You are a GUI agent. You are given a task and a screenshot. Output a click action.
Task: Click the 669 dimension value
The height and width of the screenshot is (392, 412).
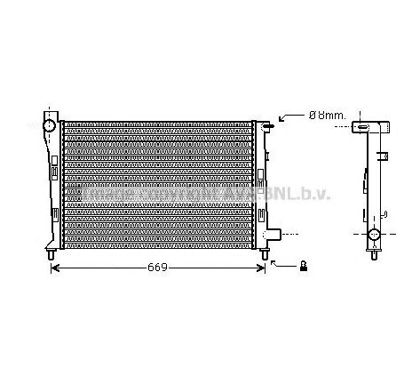[x=155, y=267]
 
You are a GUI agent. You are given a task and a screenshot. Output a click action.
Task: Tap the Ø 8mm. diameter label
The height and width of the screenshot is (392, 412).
[x=305, y=115]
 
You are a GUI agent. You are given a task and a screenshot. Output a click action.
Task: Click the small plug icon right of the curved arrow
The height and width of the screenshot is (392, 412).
[x=304, y=265]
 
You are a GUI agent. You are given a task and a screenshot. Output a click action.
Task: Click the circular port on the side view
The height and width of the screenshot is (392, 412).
[x=374, y=236]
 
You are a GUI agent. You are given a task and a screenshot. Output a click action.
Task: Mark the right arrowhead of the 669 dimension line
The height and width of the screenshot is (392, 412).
[x=260, y=267]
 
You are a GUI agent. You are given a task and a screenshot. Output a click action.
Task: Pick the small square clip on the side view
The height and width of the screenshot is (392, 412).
[x=384, y=156]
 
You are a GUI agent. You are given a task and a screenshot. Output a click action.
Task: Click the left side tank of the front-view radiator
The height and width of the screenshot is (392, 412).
[x=51, y=187]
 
